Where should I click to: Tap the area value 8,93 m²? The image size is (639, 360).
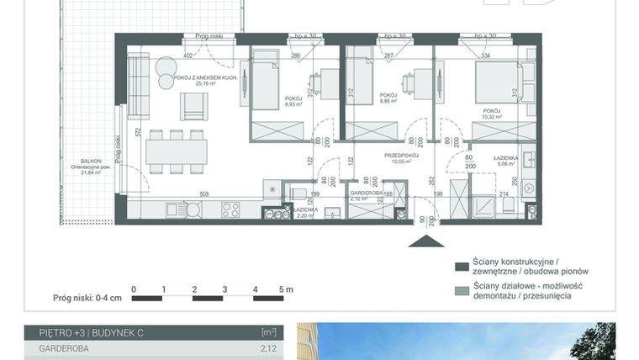[x=293, y=104]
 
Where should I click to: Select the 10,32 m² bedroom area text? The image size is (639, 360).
[x=492, y=116]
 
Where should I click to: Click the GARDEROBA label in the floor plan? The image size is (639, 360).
[x=367, y=193]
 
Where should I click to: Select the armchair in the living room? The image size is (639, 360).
[x=193, y=105]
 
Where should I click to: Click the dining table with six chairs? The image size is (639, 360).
[x=176, y=151]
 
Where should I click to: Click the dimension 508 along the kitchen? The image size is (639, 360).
[x=203, y=193]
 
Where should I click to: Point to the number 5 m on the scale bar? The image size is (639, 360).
[x=286, y=289]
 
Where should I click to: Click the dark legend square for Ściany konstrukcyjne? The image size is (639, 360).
[x=460, y=267]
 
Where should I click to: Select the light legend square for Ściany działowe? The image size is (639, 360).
[x=460, y=290]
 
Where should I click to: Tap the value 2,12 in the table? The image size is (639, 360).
[x=268, y=347]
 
